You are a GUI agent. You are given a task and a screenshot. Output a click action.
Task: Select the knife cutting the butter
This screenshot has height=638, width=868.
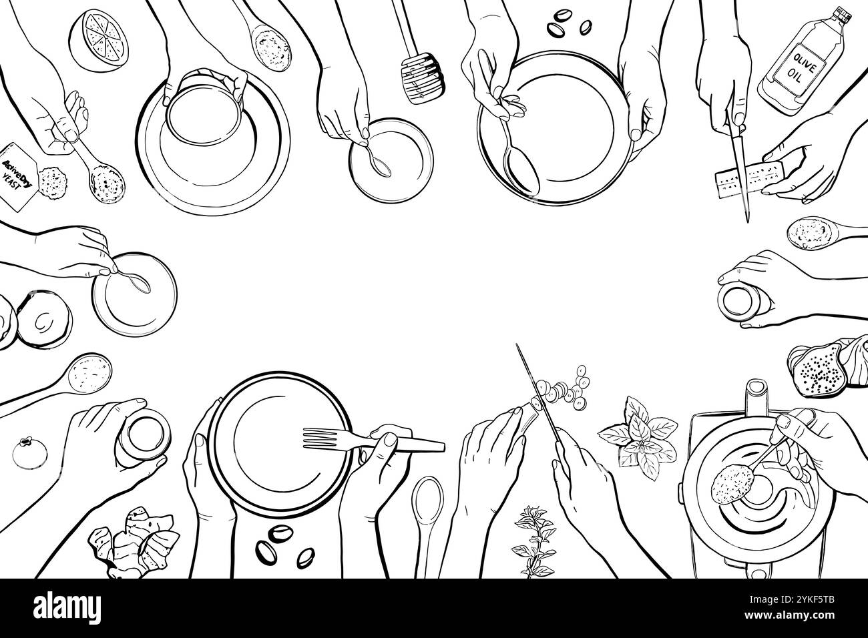pos(742,160)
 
